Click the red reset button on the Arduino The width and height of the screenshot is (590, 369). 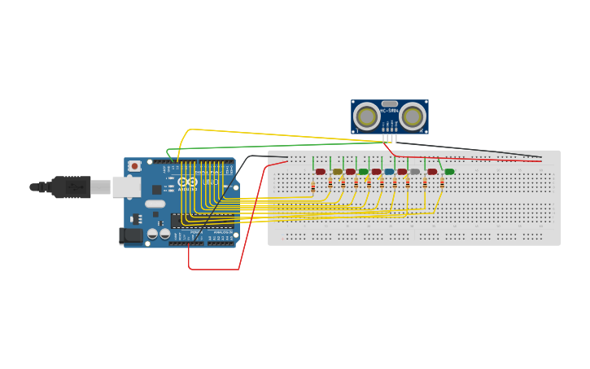click(134, 166)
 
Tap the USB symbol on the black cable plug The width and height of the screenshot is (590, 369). click(74, 187)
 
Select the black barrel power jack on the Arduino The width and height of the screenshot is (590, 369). click(130, 235)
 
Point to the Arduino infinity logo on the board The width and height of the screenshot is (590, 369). click(187, 182)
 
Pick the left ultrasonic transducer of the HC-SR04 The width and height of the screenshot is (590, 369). click(367, 117)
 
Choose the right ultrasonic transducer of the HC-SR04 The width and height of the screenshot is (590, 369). click(413, 117)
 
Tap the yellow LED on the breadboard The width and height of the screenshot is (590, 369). click(338, 172)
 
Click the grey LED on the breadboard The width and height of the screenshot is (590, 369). click(415, 172)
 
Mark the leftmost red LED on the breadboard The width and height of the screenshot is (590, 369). click(321, 172)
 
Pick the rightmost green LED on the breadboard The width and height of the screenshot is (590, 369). click(449, 172)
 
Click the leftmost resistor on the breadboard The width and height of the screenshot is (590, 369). click(313, 187)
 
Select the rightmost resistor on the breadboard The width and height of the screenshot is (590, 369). click(441, 183)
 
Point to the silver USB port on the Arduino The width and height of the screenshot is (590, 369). click(125, 187)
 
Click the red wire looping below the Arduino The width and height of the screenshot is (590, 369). click(214, 269)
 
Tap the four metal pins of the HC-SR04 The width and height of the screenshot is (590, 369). click(390, 138)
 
